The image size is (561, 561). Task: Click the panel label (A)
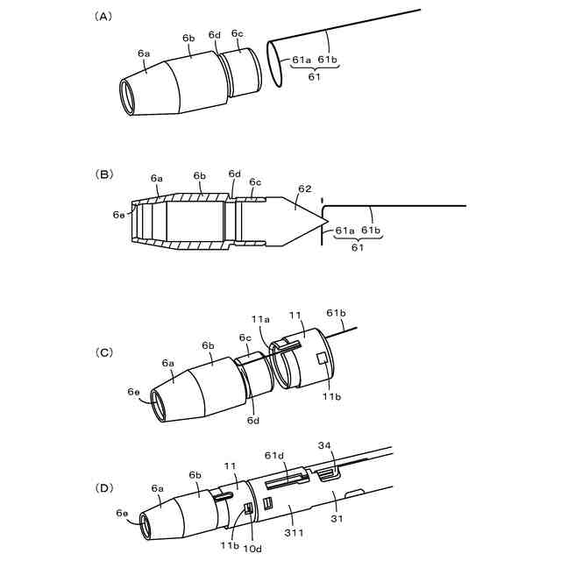pos(103,16)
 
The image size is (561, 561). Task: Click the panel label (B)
pos(103,174)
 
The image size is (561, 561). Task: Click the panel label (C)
pos(103,352)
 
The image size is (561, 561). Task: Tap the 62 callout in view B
pos(304,188)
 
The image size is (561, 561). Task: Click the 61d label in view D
pos(273,455)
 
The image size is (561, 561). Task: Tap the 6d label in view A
pos(214,35)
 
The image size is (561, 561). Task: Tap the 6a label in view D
pos(158,488)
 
